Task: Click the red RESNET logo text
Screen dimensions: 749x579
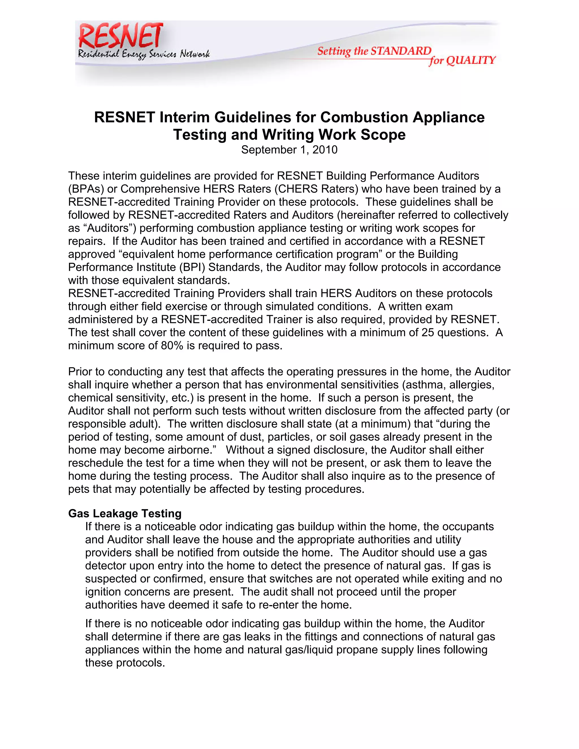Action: click(121, 36)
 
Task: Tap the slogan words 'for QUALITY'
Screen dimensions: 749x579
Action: click(462, 61)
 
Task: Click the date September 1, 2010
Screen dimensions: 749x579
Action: click(289, 150)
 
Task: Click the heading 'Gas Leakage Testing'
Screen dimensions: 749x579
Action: click(125, 513)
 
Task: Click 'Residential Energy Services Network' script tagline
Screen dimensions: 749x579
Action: click(143, 54)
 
